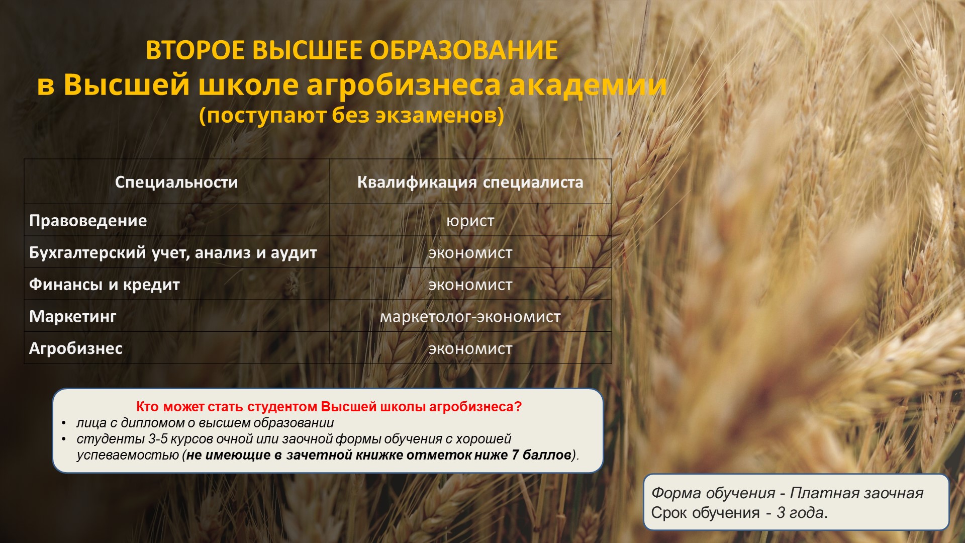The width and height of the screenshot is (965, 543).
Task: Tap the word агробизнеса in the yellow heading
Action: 404,84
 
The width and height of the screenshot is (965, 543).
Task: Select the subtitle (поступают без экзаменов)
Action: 351,115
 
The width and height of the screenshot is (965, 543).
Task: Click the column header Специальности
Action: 176,182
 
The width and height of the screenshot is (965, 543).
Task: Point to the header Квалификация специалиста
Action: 470,182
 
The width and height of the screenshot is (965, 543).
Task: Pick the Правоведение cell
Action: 88,220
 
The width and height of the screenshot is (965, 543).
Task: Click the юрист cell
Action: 470,221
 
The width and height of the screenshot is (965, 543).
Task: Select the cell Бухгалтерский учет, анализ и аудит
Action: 173,252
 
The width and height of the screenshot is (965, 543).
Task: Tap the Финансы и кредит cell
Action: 105,285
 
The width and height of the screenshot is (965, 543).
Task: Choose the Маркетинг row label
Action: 73,316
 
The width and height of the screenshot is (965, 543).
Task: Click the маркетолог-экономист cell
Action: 470,317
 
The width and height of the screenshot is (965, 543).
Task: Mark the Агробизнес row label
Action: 76,348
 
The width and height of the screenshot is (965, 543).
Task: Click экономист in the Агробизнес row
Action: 470,349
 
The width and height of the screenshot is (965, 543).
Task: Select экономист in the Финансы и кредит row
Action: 470,285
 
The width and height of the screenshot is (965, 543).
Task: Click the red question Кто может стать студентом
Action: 329,407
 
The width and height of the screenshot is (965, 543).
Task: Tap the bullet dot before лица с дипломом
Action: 64,423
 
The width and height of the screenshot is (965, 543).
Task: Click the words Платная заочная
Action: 856,493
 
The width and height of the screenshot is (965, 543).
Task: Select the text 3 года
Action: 800,513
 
